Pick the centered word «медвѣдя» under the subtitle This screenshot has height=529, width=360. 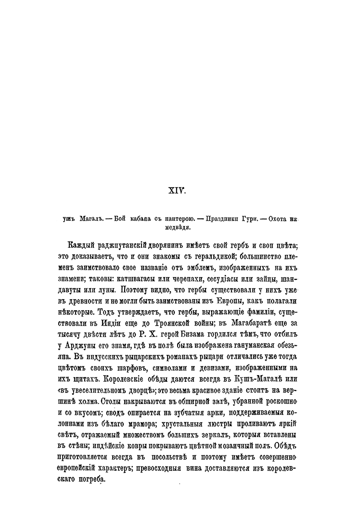pyautogui.click(x=178, y=228)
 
